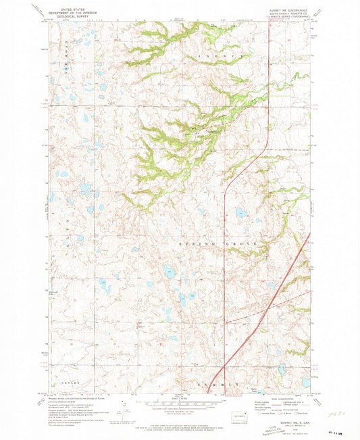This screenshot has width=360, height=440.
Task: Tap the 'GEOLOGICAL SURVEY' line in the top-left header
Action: pos(73,15)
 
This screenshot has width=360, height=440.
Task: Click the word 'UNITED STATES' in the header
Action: pos(73,4)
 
